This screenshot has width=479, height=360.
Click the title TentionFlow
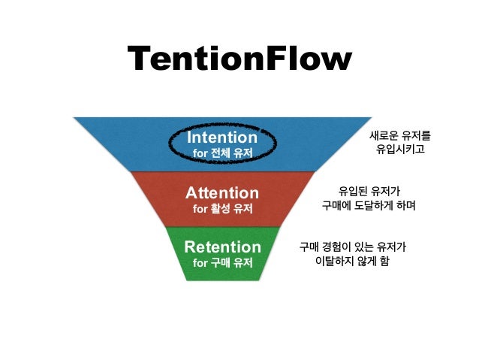click(239, 60)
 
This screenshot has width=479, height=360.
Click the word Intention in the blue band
click(221, 138)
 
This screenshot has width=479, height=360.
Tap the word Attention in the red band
click(222, 193)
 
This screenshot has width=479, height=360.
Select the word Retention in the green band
click(222, 247)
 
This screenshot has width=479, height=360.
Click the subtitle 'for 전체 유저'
click(221, 153)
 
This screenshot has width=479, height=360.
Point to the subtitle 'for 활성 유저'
click(222, 208)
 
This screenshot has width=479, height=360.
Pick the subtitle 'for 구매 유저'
click(222, 263)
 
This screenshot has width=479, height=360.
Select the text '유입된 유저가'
click(369, 191)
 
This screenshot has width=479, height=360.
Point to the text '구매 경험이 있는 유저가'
click(353, 247)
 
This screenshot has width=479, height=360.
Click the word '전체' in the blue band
click(221, 153)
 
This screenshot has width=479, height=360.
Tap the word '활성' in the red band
click(222, 208)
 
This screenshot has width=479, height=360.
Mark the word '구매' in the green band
click(222, 263)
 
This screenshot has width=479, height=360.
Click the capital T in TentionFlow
click(140, 60)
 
